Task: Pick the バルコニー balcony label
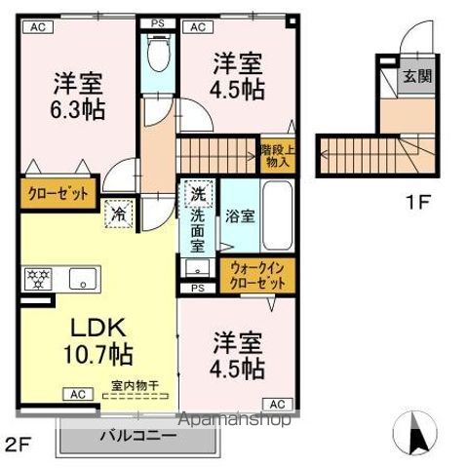136,436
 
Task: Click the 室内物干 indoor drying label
137,384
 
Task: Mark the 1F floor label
417,203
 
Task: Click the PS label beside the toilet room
157,22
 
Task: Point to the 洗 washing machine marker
198,193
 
